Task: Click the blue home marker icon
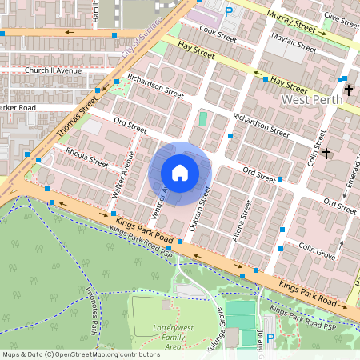coord(180,173)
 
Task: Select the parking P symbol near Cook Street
coord(230,11)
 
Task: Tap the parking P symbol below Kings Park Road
coord(270,339)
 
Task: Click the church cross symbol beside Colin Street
coord(326,152)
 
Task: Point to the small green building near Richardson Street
coord(202,118)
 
